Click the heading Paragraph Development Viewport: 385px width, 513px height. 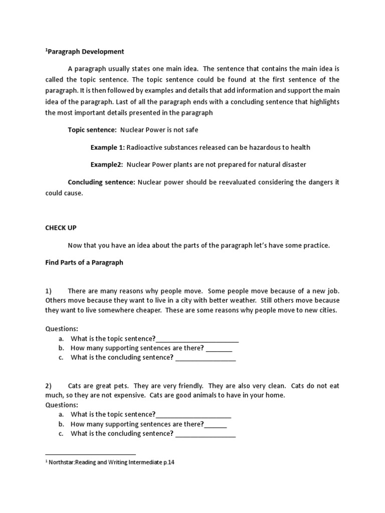point(85,52)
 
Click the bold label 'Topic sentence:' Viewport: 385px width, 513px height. point(92,130)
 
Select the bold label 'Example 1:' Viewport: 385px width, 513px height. point(107,147)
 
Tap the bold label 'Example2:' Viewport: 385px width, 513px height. point(107,164)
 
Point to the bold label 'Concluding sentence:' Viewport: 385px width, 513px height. point(102,182)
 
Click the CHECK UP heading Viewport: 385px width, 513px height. point(61,227)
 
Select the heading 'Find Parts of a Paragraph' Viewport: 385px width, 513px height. point(84,262)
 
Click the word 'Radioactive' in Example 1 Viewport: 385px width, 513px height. point(144,147)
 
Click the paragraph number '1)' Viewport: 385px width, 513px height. point(49,291)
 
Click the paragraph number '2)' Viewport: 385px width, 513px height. point(49,386)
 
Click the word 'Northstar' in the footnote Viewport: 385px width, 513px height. point(61,463)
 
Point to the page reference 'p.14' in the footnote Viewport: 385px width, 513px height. point(168,463)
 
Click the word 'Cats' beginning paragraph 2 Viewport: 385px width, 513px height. point(75,386)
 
